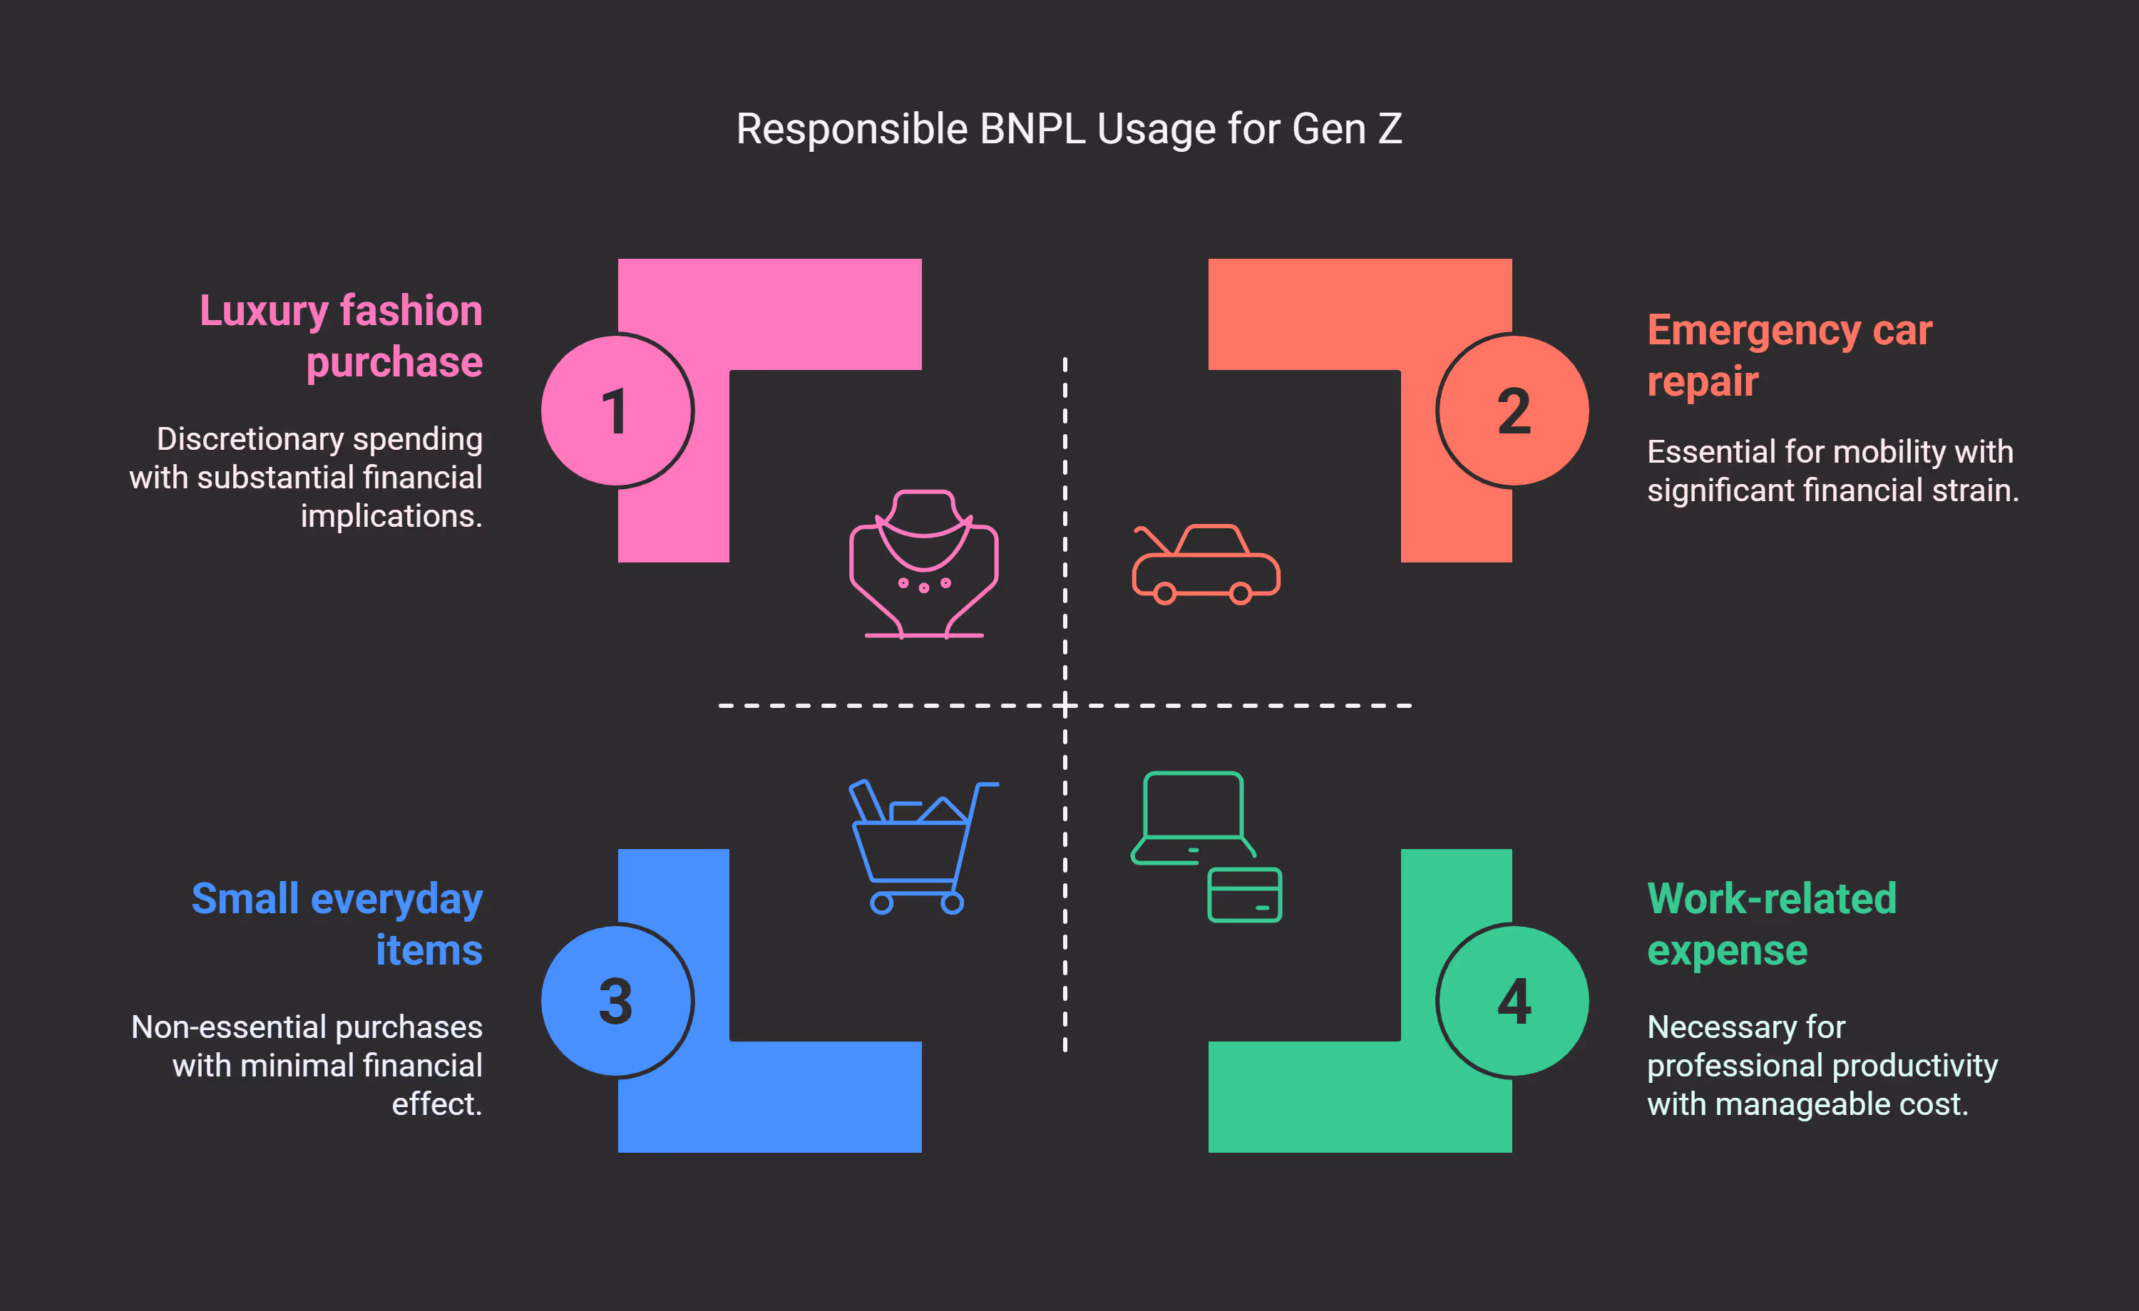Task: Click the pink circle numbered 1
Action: coord(616,411)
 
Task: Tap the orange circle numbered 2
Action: coord(1513,411)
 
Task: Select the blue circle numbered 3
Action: coord(616,1000)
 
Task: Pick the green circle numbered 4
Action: coord(1513,1000)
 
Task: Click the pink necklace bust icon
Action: coord(923,565)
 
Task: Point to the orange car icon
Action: coord(1206,565)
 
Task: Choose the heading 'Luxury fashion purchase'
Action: coord(341,336)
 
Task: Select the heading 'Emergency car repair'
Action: coord(1788,355)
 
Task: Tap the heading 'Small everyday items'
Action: coord(337,924)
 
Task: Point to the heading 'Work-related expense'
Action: coord(1771,924)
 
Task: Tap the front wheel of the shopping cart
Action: coord(882,904)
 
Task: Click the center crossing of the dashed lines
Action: coord(1065,705)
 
